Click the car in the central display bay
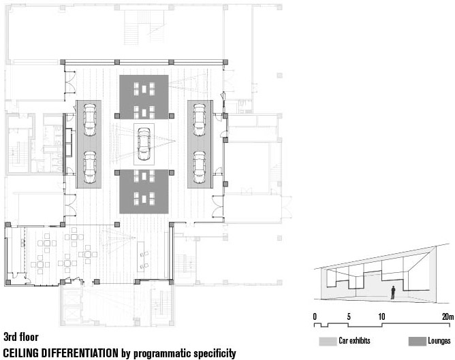144,144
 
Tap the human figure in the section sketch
393,293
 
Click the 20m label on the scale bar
448,316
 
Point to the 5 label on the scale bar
349,316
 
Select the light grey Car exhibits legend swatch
328,341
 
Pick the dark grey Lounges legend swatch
418,341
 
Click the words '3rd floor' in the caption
21,337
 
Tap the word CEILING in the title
21,353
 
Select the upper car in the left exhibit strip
90,120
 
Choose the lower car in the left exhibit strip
90,167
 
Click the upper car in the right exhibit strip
200,120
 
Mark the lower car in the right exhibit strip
200,167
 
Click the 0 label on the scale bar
315,316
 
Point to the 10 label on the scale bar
381,316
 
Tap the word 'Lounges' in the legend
439,341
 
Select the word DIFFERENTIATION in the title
80,353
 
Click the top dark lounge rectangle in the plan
144,97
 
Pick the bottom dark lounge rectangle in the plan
144,192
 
